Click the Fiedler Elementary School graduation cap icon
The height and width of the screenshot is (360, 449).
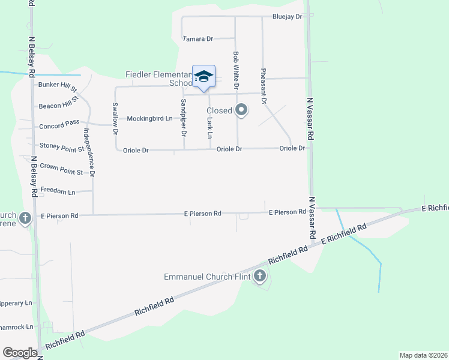[203, 76]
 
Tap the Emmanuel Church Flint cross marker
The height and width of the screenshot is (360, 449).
[260, 276]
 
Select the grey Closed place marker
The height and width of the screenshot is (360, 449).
[241, 110]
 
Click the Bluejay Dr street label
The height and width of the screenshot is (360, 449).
[287, 17]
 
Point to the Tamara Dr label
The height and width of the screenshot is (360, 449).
[199, 39]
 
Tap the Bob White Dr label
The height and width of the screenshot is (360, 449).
[237, 71]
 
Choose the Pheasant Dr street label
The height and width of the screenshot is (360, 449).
[264, 86]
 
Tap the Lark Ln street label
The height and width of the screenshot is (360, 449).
[209, 127]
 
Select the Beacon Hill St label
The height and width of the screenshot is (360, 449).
[59, 106]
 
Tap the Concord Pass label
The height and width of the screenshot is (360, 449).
[59, 126]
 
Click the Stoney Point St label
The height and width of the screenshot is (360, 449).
[62, 146]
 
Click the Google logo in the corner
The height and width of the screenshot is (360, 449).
[20, 353]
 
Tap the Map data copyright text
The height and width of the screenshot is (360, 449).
[423, 355]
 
